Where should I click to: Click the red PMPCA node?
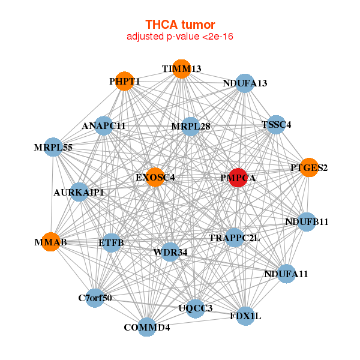tap(238, 178)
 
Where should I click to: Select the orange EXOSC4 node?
tap(155, 177)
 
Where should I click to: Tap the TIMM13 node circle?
tap(182, 69)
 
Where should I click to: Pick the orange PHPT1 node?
tap(124, 81)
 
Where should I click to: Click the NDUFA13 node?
tap(245, 83)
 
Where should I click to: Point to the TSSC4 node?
tap(276, 125)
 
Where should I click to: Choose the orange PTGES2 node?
tap(309, 167)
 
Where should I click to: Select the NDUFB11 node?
tap(307, 222)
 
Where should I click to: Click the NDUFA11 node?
tap(286, 274)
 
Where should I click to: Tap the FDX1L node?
tap(245, 316)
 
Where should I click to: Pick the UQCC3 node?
tap(196, 308)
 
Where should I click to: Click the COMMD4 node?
tap(147, 327)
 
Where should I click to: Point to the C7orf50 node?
tap(95, 298)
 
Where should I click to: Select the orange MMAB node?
tap(50, 242)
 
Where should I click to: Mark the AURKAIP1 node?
tap(79, 192)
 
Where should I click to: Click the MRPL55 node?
tap(53, 147)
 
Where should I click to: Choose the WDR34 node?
tap(170, 252)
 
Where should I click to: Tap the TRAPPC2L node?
tap(235, 238)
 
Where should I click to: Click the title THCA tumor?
tap(180, 25)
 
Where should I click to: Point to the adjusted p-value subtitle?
tap(180, 37)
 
